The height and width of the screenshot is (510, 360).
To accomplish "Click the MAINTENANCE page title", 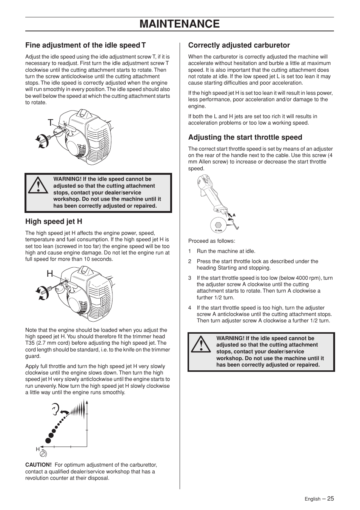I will coord(180,24).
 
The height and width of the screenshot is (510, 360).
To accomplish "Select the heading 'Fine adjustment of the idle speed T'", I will coord(86,45).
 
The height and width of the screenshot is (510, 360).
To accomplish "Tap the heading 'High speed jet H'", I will coord(54,221).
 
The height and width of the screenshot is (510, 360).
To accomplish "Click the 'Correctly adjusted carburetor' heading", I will coord(239,45).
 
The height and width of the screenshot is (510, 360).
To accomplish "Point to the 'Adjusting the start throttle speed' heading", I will coord(245,137).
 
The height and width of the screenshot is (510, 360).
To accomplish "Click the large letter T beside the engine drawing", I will coord(51,122).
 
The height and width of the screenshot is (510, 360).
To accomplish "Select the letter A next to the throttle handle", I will coord(234,215).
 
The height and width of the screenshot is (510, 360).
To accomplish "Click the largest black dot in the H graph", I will coord(48,440).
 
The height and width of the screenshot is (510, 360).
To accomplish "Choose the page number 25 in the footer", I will coord(331,498).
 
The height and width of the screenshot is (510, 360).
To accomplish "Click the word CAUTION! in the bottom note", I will coord(38,465).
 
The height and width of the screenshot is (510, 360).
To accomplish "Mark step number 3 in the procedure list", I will coord(190,278).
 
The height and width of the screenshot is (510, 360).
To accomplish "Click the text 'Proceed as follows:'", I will coord(211,241).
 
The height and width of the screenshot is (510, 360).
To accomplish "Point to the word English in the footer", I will coord(312,499).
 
